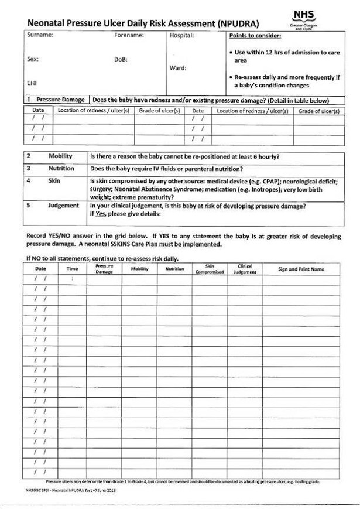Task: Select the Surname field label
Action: pos(40,35)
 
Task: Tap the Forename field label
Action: pos(129,35)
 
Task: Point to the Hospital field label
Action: pos(181,35)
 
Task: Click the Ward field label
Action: pos(178,67)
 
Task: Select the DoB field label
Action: pos(121,59)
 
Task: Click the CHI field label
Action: pos(32,83)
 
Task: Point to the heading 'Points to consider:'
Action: pos(255,35)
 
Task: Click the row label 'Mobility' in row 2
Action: pos(60,156)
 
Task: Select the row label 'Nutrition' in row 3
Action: pos(61,168)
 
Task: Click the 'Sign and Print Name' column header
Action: pos(301,269)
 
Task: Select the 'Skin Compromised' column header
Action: pos(210,269)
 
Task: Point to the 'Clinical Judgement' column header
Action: pos(245,269)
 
